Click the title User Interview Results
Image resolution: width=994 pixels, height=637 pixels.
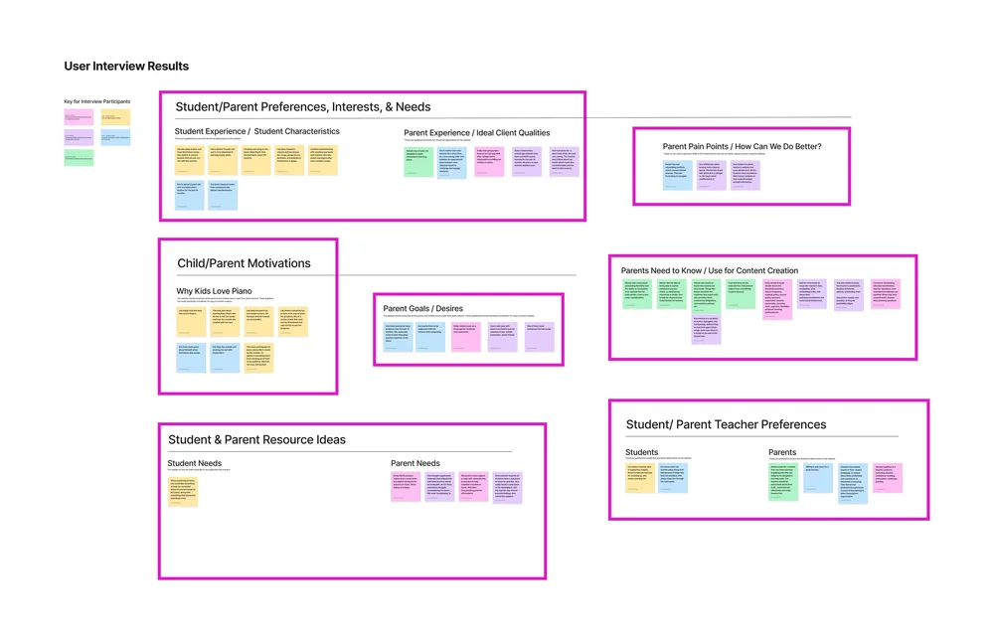[x=126, y=67]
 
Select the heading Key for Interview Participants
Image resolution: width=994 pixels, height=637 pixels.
[x=97, y=101]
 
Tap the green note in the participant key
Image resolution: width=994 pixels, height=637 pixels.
[x=79, y=157]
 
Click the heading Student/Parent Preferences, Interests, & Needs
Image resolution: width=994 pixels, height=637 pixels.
[x=303, y=107]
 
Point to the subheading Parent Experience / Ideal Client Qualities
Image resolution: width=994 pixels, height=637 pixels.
[x=476, y=133]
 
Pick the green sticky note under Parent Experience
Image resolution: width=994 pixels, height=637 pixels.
[x=419, y=161]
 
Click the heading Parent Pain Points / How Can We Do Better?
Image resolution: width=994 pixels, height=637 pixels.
[x=742, y=147]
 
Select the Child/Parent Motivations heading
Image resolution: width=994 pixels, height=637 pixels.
[x=244, y=263]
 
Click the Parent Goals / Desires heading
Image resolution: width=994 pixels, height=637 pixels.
[x=422, y=308]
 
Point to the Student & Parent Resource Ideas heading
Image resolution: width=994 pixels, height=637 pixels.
[x=256, y=439]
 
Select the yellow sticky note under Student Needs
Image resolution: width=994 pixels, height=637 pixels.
[x=183, y=492]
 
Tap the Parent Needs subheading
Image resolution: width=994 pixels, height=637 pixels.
[x=415, y=463]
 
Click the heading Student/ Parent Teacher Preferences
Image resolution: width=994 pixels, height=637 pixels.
[x=726, y=424]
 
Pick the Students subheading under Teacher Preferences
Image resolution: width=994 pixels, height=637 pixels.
[x=642, y=453]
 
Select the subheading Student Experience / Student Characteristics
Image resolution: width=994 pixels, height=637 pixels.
[x=256, y=131]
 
